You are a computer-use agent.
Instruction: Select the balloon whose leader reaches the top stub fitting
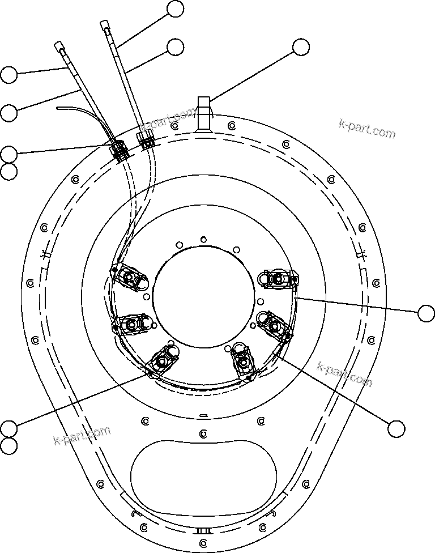tap(301, 48)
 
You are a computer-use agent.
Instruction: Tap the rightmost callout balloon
tap(425, 312)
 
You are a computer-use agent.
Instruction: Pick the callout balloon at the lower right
tap(396, 429)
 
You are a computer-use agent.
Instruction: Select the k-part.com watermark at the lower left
tap(82, 435)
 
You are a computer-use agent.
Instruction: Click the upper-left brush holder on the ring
tap(131, 278)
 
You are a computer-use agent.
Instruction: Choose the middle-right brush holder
tap(274, 324)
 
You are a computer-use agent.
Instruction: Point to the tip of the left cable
tap(59, 45)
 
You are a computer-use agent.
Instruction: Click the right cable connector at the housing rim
tap(147, 139)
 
